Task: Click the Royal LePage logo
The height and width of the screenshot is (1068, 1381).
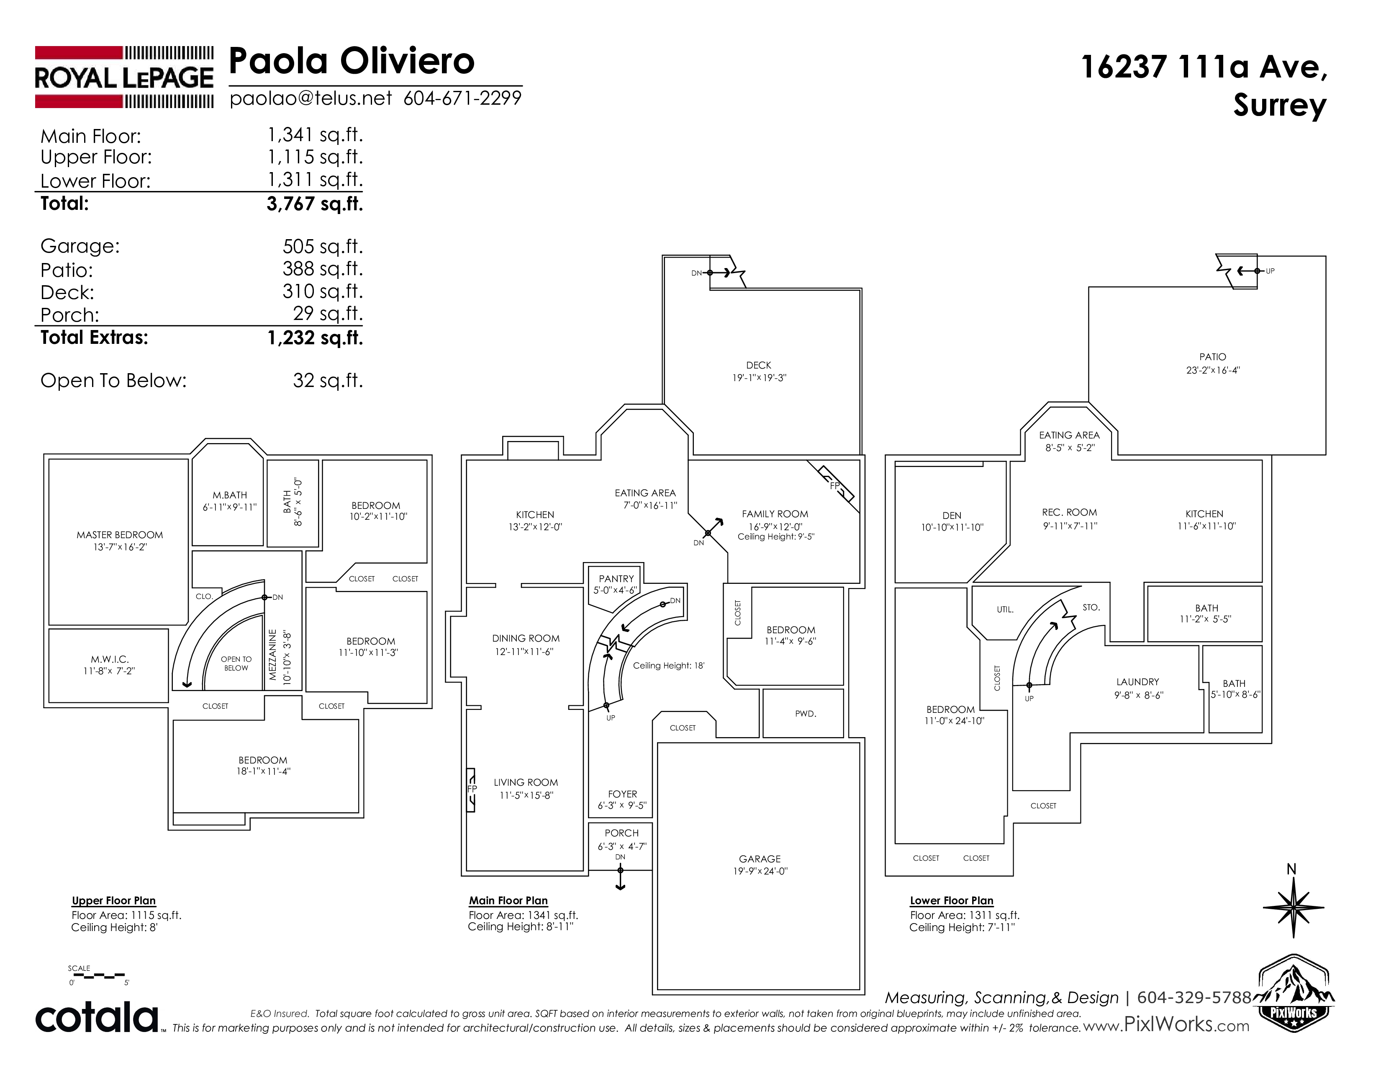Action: tap(124, 77)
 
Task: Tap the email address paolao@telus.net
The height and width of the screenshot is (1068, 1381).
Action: tap(311, 99)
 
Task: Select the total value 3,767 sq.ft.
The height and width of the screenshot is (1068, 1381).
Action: tap(315, 204)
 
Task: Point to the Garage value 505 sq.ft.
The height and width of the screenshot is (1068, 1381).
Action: tap(323, 246)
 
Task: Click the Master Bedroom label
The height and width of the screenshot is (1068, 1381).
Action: tap(120, 535)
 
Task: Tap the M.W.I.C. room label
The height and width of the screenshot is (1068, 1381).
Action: tap(109, 659)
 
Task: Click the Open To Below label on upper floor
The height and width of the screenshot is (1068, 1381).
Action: tap(236, 663)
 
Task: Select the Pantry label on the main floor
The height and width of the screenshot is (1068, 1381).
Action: tap(616, 578)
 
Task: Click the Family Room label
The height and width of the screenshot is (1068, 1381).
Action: tap(775, 514)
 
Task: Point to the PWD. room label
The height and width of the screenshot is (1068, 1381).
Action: tap(806, 714)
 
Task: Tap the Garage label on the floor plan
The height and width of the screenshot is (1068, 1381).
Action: tap(760, 859)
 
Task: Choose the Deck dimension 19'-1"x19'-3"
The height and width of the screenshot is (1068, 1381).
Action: tap(759, 378)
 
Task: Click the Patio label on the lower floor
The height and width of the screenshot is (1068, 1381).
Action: tap(1212, 357)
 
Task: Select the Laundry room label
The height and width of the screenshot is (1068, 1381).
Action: tap(1137, 681)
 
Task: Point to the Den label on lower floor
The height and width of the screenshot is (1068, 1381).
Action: tap(952, 515)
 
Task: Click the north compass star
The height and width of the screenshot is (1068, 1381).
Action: tap(1293, 908)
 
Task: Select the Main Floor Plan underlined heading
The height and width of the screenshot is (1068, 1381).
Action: tap(508, 901)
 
